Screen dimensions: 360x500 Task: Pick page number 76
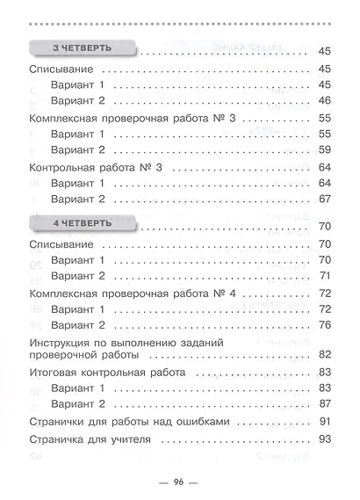click(322, 324)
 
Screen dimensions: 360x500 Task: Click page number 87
click(322, 404)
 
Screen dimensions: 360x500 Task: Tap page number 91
click(322, 423)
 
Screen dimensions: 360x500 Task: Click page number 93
click(322, 438)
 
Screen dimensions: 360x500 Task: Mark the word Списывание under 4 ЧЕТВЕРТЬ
click(62, 243)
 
